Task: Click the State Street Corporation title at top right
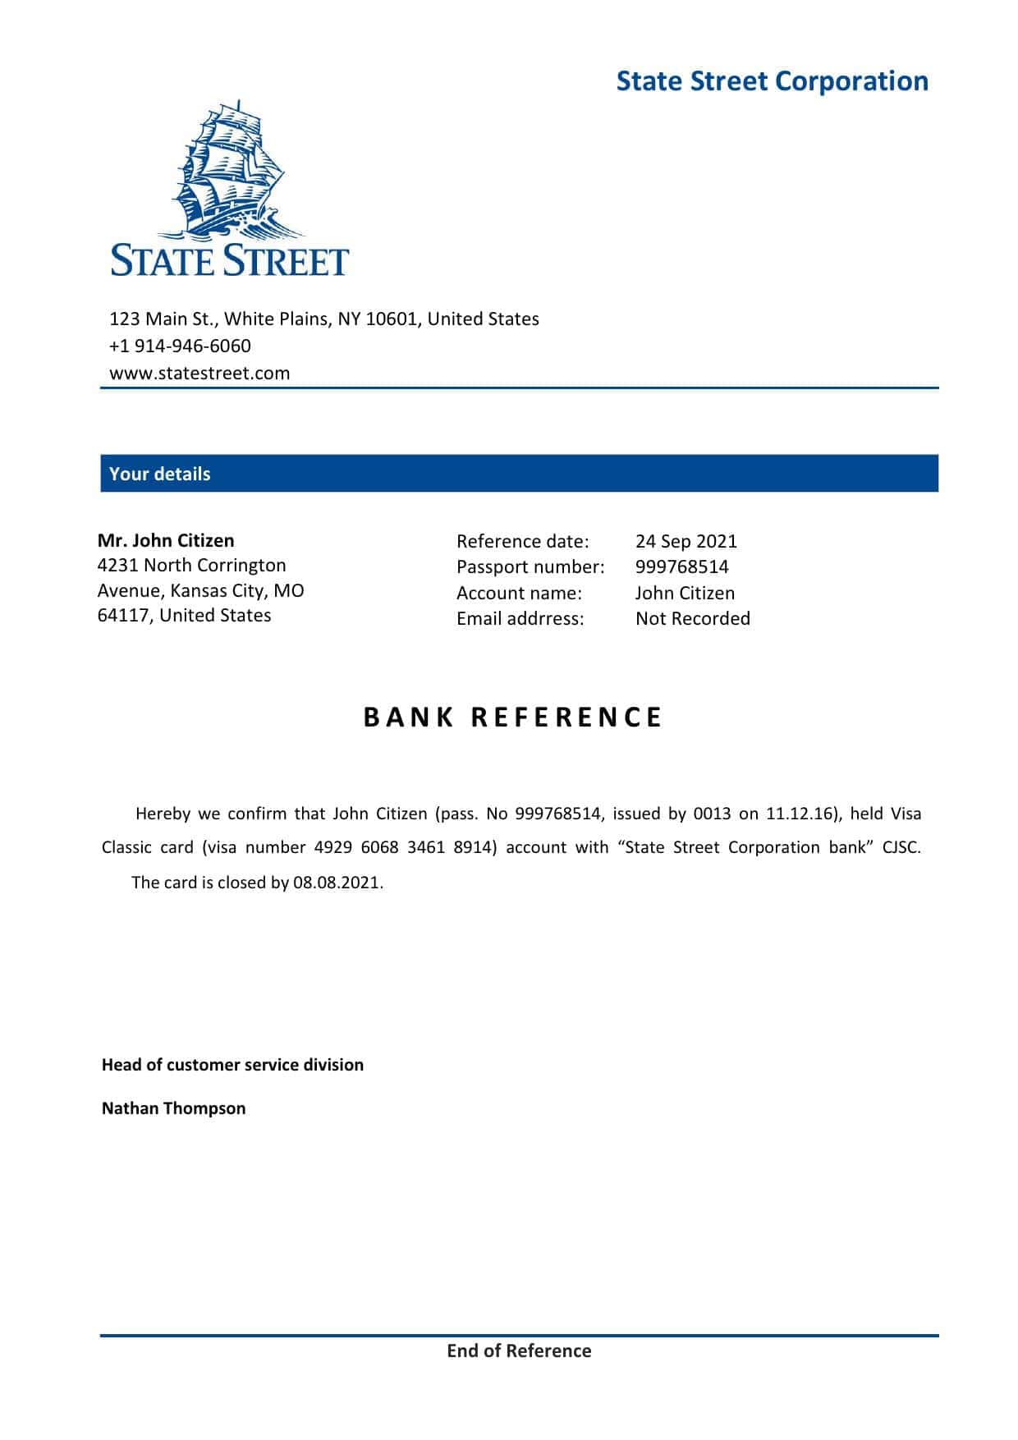772,81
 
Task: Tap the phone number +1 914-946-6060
180,346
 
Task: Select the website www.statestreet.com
199,374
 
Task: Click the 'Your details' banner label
159,474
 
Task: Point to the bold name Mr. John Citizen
166,540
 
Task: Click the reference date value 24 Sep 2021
686,541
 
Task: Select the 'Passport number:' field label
530,566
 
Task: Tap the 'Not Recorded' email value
692,618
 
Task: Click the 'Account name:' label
519,593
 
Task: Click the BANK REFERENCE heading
512,718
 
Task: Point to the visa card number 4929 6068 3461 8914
406,847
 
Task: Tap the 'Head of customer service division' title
232,1065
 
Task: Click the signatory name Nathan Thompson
173,1108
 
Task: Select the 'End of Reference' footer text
519,1351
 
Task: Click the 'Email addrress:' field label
520,618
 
